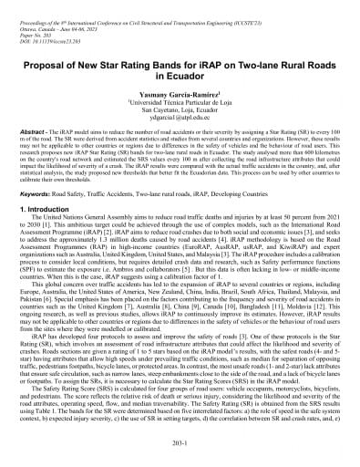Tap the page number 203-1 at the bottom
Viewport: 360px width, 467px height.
pyautogui.click(x=180, y=445)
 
